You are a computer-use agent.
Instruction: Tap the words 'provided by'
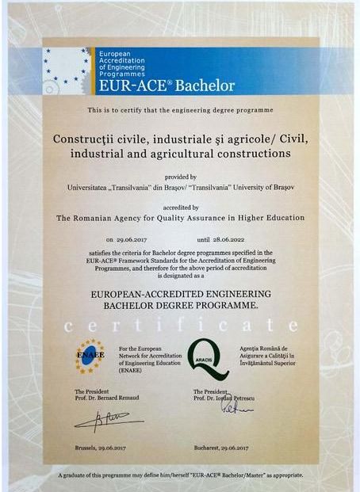(x=180, y=177)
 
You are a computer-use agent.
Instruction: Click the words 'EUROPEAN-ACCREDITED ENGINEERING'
(x=180, y=292)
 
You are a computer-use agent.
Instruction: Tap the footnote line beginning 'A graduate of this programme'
(x=180, y=475)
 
